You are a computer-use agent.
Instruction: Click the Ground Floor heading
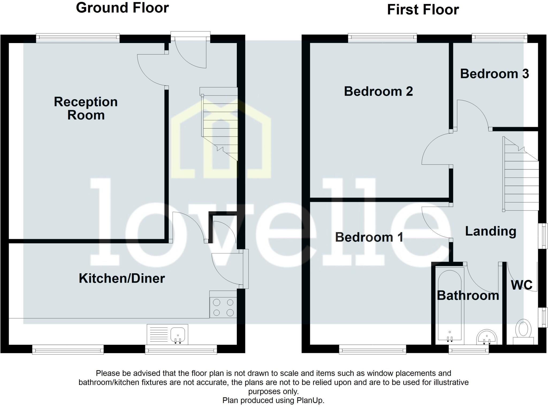pos(122,8)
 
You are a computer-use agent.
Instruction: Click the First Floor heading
pos(423,10)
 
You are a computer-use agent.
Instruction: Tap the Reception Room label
pos(86,108)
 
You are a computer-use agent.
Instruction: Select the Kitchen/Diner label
pos(122,278)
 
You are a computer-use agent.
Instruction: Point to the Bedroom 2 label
pos(378,91)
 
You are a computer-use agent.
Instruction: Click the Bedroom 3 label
pos(494,74)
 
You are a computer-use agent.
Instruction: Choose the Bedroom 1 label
pos(369,237)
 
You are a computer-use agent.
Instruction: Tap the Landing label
pos(490,231)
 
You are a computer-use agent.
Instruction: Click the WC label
pos(522,285)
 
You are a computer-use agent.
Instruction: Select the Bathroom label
pos(468,296)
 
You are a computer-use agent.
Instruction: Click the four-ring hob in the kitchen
pos(223,308)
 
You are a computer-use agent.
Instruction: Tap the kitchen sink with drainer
pos(168,334)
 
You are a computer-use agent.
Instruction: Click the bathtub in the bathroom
pos(450,305)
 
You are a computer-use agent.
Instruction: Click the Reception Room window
pos(78,38)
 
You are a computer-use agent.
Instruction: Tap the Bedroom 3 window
pos(499,38)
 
